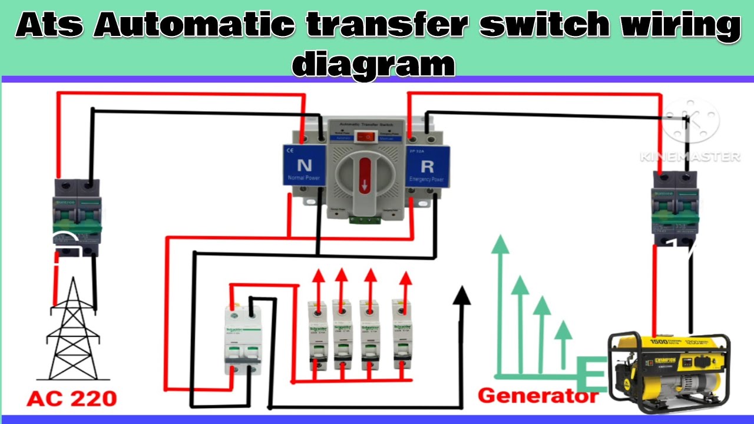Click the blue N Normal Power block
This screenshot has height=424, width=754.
tap(304, 165)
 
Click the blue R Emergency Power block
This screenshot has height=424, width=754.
tap(428, 165)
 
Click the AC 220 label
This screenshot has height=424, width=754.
tap(72, 399)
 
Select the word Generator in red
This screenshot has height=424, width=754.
tap(537, 396)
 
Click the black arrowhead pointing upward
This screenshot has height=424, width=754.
tap(462, 295)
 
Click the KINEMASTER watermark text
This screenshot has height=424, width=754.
tap(690, 157)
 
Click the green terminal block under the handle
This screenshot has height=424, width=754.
tap(365, 220)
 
